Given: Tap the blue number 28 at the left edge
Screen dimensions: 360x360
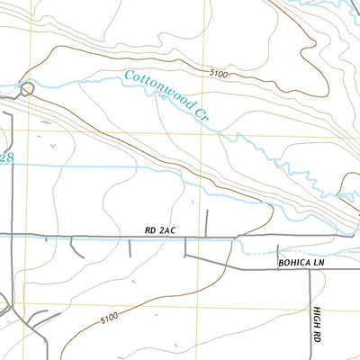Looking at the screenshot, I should click(x=7, y=157).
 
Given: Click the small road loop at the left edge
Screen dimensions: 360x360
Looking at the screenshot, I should click(x=27, y=88).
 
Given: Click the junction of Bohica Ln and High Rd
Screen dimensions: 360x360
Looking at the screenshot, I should click(x=310, y=268).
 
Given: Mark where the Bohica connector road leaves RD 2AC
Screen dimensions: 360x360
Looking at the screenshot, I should click(x=185, y=238).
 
